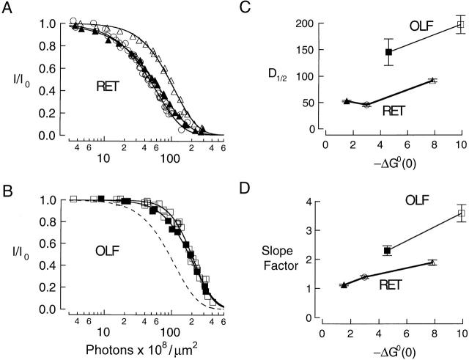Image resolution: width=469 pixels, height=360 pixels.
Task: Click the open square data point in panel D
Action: coord(461,213)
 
